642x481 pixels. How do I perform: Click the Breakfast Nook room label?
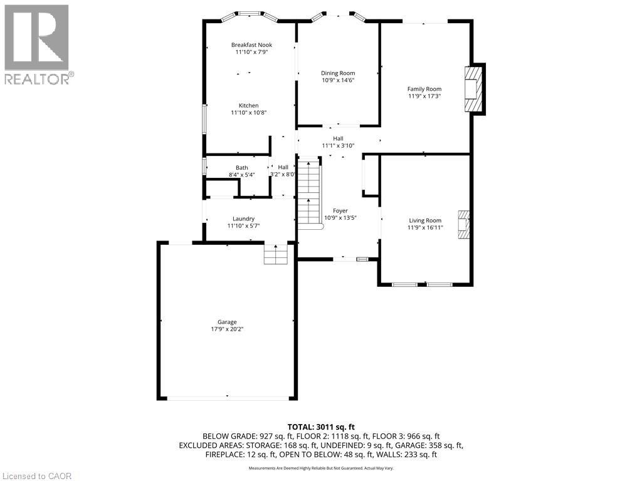pyautogui.click(x=251, y=44)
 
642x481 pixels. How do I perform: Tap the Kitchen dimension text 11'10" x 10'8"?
pyautogui.click(x=248, y=113)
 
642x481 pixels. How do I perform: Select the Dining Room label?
pyautogui.click(x=338, y=73)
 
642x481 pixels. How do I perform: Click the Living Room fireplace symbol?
pyautogui.click(x=463, y=224)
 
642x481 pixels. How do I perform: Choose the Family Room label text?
pyautogui.click(x=424, y=89)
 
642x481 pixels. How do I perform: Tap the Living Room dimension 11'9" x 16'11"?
pyautogui.click(x=426, y=228)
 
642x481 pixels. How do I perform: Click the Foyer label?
pyautogui.click(x=340, y=210)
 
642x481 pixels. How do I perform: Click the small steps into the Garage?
pyautogui.click(x=276, y=254)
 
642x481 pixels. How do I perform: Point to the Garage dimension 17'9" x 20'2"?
pyautogui.click(x=227, y=329)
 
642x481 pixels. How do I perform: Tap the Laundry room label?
pyautogui.click(x=243, y=219)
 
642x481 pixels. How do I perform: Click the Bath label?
pyautogui.click(x=241, y=167)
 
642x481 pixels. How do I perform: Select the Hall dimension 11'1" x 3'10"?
pyautogui.click(x=338, y=145)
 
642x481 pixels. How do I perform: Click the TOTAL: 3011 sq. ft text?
pyautogui.click(x=321, y=427)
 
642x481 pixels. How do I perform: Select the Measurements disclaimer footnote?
pyautogui.click(x=321, y=468)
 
